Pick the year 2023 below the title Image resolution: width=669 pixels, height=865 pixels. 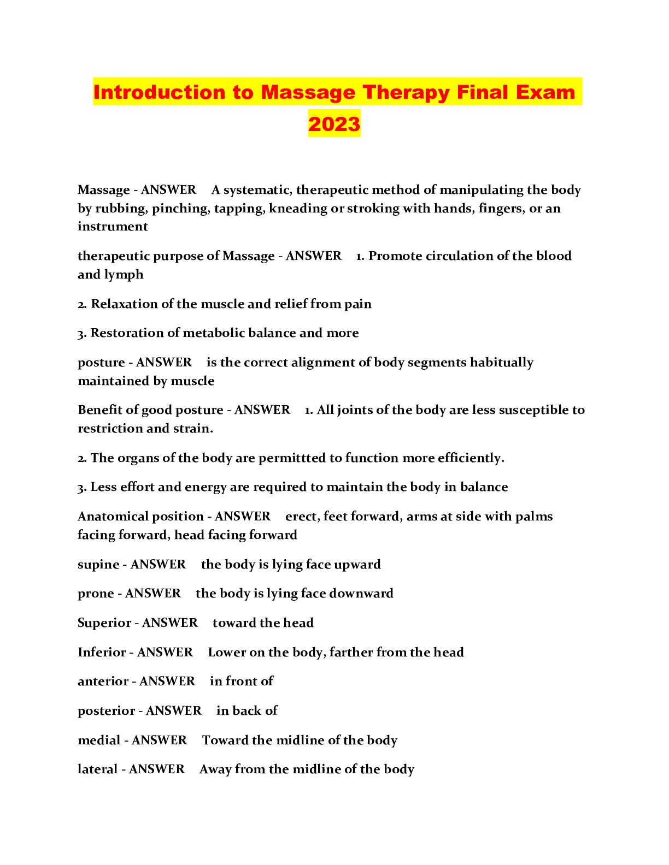(334, 124)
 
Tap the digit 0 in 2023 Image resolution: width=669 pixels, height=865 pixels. (328, 124)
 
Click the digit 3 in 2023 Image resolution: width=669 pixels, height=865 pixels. (354, 124)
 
